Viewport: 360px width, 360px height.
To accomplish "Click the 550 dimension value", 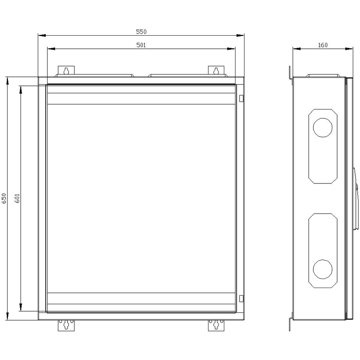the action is (x=141, y=31).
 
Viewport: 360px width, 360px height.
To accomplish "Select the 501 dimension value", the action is (x=141, y=45).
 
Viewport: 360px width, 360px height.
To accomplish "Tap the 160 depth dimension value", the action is (x=322, y=45).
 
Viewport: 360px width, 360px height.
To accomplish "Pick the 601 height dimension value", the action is (x=18, y=198).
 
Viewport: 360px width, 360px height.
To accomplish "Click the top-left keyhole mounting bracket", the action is (x=66, y=70).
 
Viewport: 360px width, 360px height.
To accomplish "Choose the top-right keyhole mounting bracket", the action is (x=216, y=70).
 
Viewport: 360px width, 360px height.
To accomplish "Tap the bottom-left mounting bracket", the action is (x=66, y=325).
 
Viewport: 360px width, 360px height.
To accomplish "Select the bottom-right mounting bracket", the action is (x=216, y=325).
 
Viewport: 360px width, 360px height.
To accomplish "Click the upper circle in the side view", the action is (x=322, y=127).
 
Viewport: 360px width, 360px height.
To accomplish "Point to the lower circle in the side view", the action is (x=322, y=269).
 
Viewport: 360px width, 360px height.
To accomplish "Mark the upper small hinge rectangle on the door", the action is (x=241, y=98).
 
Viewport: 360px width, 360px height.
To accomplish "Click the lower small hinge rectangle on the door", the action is (x=241, y=298).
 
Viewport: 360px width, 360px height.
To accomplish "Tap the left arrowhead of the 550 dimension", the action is (x=42, y=36).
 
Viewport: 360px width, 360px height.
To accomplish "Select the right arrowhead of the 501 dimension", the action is (x=231, y=49).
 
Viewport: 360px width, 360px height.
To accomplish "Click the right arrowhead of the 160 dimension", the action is (x=349, y=49).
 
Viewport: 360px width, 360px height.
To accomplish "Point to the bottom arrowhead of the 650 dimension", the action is (x=7, y=316).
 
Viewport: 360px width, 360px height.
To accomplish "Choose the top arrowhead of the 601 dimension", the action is (x=21, y=90).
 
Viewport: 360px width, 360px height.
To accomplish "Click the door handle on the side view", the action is (x=355, y=199).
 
